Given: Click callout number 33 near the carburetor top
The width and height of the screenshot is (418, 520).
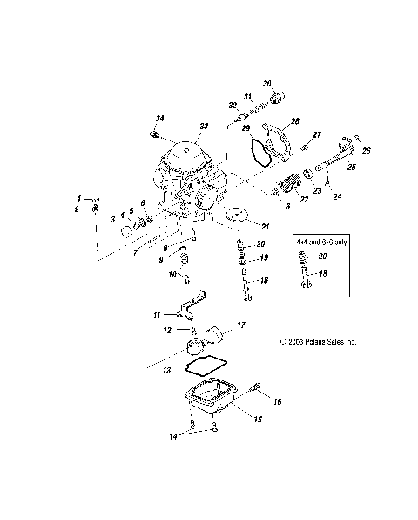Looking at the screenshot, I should pyautogui.click(x=204, y=127).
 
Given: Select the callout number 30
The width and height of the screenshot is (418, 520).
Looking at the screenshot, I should pyautogui.click(x=267, y=84).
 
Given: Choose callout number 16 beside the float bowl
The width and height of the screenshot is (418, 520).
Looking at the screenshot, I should pyautogui.click(x=278, y=402).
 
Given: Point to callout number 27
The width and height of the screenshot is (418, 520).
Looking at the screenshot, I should pyautogui.click(x=317, y=133).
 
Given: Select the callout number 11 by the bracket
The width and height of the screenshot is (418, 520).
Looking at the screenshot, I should pyautogui.click(x=158, y=313).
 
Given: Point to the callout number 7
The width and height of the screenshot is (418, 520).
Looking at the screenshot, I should pyautogui.click(x=135, y=253).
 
